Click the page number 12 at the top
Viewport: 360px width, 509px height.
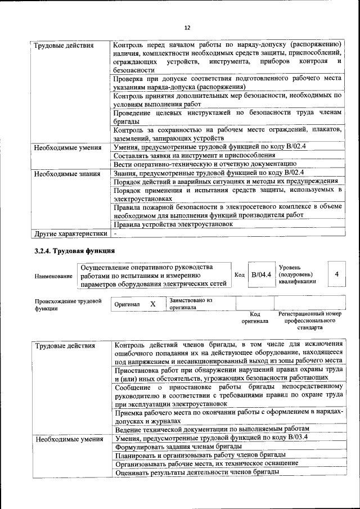[x=187, y=28]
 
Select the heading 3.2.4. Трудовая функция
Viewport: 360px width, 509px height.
[x=75, y=251]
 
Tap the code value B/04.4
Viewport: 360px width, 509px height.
[x=261, y=274]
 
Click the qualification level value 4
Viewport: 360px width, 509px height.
[x=336, y=274]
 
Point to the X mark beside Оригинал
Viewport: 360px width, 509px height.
[x=152, y=304]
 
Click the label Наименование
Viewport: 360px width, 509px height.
[x=53, y=276]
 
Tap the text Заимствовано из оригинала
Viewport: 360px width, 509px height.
[x=190, y=304]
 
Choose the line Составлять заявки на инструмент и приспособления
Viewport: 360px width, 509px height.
[x=194, y=155]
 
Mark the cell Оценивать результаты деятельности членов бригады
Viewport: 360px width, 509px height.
[x=198, y=472]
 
